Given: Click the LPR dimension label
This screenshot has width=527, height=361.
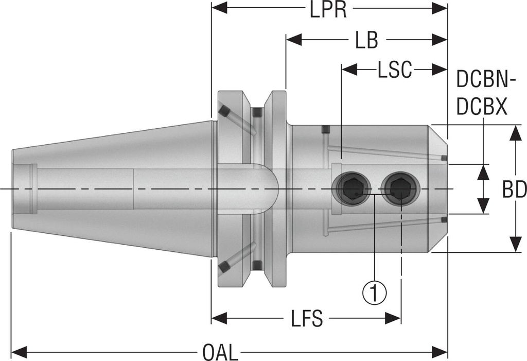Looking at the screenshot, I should (x=328, y=10).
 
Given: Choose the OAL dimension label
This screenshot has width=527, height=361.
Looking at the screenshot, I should (x=220, y=353).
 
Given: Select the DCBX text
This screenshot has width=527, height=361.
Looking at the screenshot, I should (x=482, y=108).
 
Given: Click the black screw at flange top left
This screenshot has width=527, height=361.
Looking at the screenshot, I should (x=224, y=111).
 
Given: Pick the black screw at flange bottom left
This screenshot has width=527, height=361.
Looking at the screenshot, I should (x=224, y=266).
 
